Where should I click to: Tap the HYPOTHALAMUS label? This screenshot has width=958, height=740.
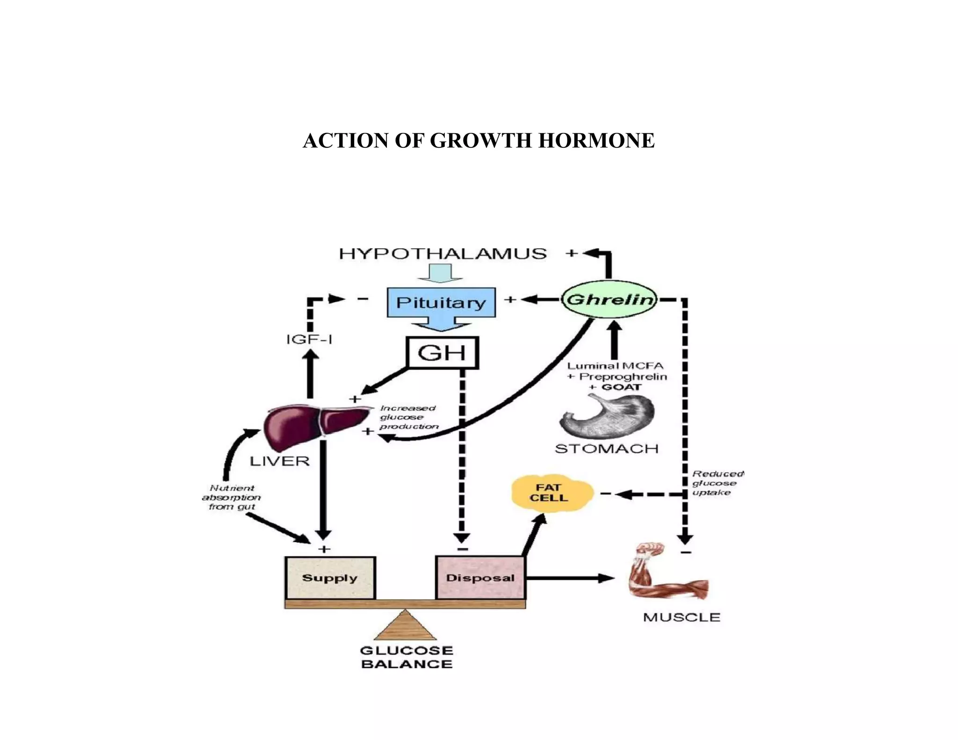click(443, 254)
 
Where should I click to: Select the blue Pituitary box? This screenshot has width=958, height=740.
click(441, 303)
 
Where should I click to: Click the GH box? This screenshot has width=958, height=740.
click(442, 353)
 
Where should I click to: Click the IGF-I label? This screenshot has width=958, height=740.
click(309, 339)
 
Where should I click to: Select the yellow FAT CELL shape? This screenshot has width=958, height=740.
click(550, 493)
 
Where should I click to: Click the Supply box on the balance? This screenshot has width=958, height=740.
click(330, 578)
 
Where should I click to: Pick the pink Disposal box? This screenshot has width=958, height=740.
click(480, 578)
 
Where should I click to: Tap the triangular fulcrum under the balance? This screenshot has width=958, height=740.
click(405, 627)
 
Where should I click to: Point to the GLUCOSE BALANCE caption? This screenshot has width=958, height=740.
click(406, 657)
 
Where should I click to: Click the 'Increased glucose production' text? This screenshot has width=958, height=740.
click(408, 417)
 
